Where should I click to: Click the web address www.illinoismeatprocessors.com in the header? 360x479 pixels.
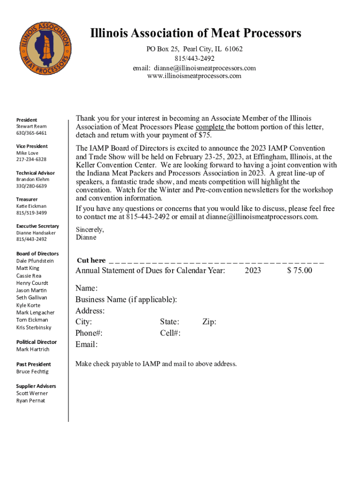click(x=194, y=76)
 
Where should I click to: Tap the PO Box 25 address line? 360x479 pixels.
click(x=194, y=49)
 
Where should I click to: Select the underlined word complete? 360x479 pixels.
click(x=210, y=127)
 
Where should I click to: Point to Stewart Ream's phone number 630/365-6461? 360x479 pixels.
click(x=32, y=133)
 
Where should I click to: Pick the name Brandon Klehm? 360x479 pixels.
click(x=33, y=179)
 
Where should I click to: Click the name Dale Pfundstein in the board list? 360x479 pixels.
click(x=35, y=261)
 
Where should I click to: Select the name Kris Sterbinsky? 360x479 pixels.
click(x=34, y=327)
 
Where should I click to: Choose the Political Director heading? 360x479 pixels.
click(x=36, y=342)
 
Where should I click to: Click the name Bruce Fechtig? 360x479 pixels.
click(x=32, y=371)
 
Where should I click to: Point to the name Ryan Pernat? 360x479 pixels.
click(x=31, y=400)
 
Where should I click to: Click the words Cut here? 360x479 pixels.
click(x=91, y=260)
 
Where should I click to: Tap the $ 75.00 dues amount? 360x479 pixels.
click(x=300, y=270)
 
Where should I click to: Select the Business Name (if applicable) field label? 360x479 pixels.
click(x=126, y=299)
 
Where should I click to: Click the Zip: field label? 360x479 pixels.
click(x=209, y=322)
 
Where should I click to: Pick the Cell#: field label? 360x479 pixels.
click(x=170, y=333)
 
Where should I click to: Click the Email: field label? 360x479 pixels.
click(x=86, y=345)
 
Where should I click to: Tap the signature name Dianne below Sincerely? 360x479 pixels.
click(x=86, y=237)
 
